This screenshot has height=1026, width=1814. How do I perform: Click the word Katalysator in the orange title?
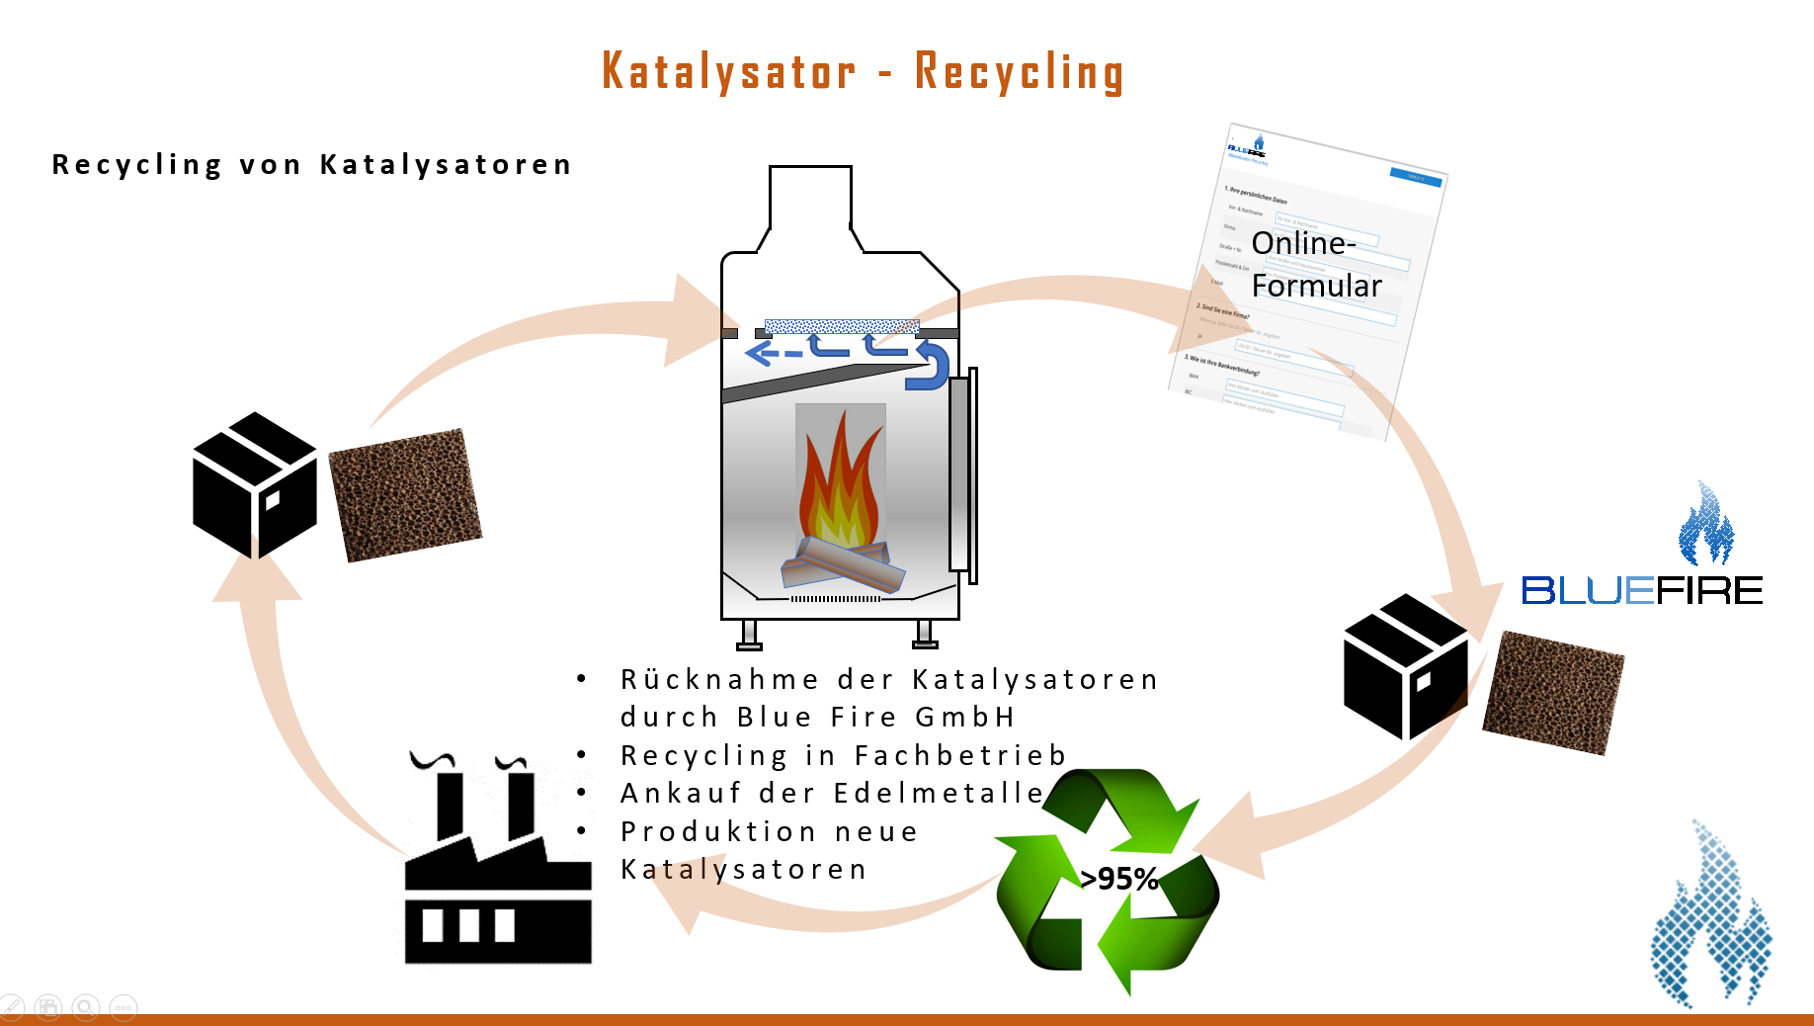728,71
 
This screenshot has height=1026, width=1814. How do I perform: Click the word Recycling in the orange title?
1019,71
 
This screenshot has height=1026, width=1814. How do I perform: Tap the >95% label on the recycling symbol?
1118,878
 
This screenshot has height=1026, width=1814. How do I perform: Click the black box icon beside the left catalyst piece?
255,485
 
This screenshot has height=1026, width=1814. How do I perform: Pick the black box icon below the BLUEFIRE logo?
1405,666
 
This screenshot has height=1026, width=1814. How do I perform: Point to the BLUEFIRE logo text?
1641,591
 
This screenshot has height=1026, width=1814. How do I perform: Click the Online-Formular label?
1315,264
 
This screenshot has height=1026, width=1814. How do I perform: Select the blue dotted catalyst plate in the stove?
842,326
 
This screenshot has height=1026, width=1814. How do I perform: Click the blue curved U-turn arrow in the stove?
931,365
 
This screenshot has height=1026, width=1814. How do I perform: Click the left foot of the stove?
750,635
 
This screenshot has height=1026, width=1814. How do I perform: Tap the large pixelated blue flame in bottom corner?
1709,919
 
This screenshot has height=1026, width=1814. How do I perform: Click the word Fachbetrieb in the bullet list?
959,755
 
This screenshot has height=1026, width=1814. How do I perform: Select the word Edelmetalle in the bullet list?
938,793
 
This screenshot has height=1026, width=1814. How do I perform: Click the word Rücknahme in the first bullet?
719,680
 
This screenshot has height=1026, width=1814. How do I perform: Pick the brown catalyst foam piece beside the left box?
405,494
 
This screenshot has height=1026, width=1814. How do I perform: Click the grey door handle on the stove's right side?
959,474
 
